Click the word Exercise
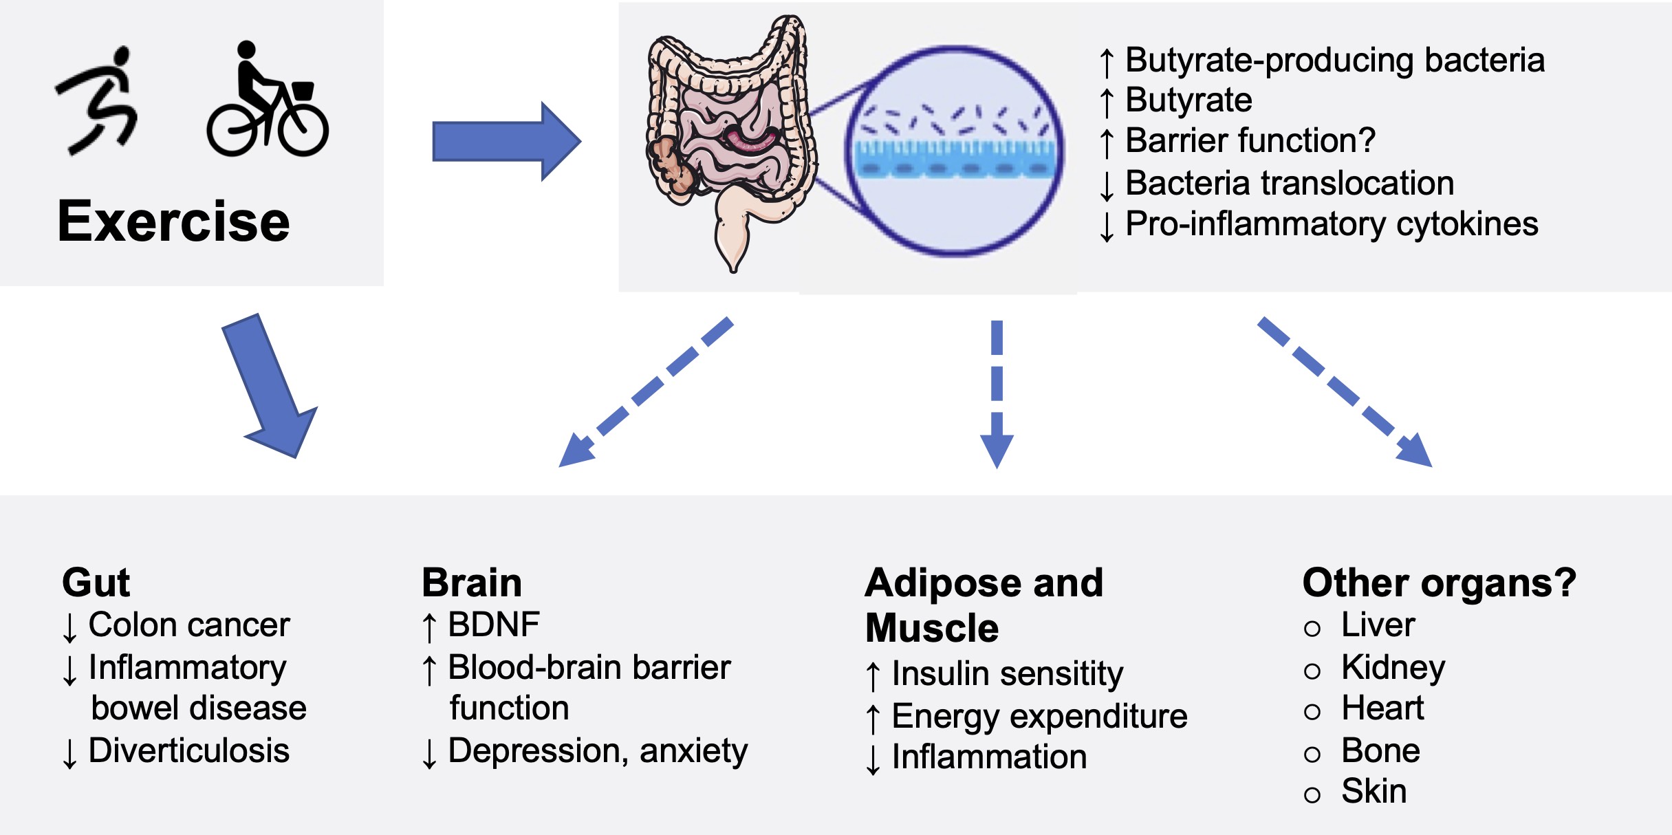pos(173,221)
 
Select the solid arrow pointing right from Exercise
pos(507,142)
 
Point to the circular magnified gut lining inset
pos(953,151)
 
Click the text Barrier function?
pos(1250,141)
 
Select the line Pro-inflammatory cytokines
pos(1332,224)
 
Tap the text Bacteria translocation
pos(1290,183)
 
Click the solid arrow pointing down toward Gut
pos(270,385)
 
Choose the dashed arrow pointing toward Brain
pos(645,392)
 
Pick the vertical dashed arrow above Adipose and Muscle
pos(997,393)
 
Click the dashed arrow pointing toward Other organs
pos(1345,392)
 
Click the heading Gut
pos(96,583)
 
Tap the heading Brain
pos(472,583)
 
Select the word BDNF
pos(494,625)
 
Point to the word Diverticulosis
pos(189,750)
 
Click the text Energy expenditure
pos(1039,717)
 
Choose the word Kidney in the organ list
pos(1393,668)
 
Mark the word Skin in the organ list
pos(1374,791)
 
